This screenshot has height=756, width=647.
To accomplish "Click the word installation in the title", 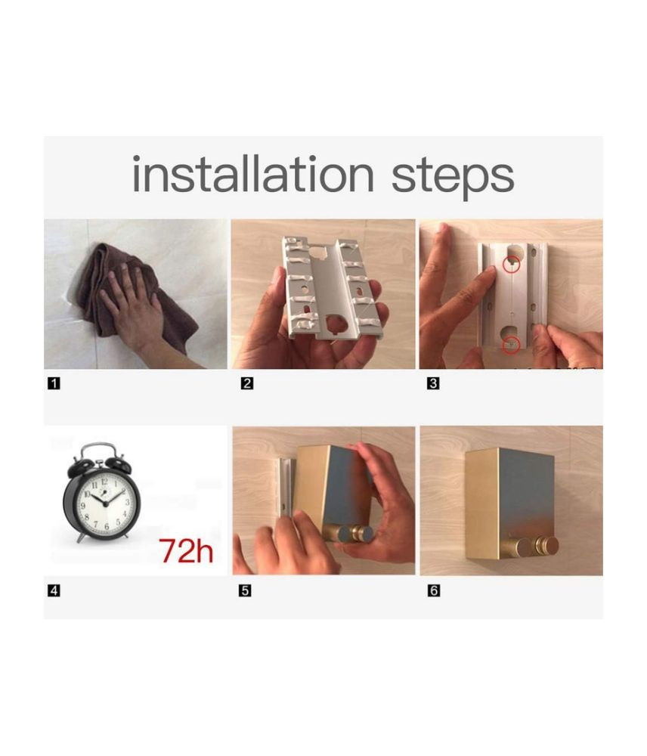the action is pyautogui.click(x=252, y=174).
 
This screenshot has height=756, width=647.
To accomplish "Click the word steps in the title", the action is pyautogui.click(x=452, y=178).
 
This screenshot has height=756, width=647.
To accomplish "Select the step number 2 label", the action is pyautogui.click(x=246, y=384).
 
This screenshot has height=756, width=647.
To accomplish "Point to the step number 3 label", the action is pyautogui.click(x=433, y=384).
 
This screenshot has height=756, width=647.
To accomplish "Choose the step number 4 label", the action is pyautogui.click(x=54, y=590).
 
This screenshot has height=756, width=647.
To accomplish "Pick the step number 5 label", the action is pyautogui.click(x=246, y=590).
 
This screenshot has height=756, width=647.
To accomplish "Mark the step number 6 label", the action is pyautogui.click(x=433, y=590).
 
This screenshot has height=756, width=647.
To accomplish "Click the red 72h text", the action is pyautogui.click(x=186, y=550).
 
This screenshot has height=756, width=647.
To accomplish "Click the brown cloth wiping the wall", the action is pyautogui.click(x=139, y=294).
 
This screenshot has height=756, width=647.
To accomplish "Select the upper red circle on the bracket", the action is pyautogui.click(x=512, y=264).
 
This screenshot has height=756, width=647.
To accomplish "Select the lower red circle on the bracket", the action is pyautogui.click(x=512, y=345).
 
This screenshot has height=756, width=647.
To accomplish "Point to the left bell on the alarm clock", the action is pyautogui.click(x=79, y=466).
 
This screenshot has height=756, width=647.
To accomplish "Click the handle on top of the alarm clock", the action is pyautogui.click(x=98, y=451).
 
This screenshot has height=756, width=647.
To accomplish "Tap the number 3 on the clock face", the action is pyautogui.click(x=128, y=502).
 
